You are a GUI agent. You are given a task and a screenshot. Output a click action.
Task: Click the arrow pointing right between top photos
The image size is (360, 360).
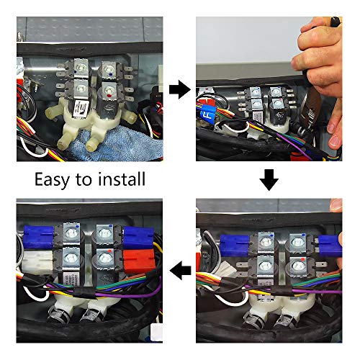tap(180, 89)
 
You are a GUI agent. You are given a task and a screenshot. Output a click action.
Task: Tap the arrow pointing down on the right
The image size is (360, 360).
tap(269, 180)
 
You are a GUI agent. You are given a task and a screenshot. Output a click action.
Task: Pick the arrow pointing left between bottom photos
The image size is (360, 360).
tap(180, 271)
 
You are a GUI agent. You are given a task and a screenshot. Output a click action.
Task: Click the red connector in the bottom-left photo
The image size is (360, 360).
tap(138, 261)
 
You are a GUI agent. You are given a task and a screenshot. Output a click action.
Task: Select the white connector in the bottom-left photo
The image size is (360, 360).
tap(37, 263)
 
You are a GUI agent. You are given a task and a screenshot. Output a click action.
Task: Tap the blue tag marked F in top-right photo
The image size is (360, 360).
tap(208, 114)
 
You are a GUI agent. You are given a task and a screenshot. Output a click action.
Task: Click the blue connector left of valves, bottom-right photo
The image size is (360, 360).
tap(235, 246)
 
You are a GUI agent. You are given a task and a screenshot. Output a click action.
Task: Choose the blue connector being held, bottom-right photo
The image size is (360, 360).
tap(330, 246)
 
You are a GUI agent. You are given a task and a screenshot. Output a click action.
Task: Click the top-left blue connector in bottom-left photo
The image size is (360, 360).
tap(38, 237)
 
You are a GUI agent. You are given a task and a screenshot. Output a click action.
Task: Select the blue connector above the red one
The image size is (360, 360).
tap(138, 237)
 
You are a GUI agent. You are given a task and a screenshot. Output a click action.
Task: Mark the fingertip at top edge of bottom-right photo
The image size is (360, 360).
tap(336, 205)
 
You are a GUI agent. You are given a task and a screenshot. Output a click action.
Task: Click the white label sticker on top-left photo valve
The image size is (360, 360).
tap(81, 109)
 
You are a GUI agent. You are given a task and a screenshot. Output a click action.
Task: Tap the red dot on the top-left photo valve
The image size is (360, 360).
tap(109, 96)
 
